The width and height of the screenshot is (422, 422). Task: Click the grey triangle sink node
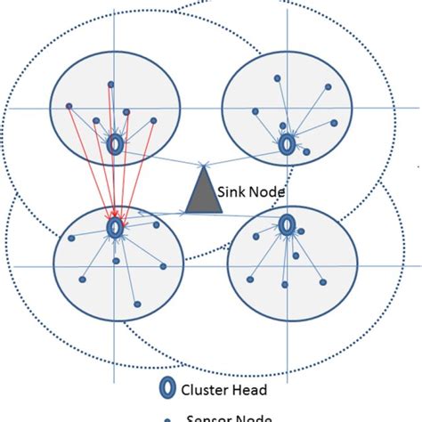coord(203,196)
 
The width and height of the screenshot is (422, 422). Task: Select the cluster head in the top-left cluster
coord(115,144)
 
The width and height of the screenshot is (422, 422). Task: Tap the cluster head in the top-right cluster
coord(287,143)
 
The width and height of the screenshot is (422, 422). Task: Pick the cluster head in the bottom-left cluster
coord(115,229)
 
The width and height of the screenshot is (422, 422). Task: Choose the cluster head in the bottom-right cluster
coord(287,224)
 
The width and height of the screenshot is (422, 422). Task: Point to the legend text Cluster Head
coord(223,390)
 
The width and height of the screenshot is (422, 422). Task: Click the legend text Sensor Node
coord(225,416)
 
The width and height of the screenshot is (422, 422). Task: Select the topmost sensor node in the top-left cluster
coord(111,85)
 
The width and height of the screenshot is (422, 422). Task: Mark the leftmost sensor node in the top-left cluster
coord(69,106)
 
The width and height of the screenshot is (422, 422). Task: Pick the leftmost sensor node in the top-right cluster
coord(256,111)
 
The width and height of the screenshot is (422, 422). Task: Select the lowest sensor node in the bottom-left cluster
coord(136,304)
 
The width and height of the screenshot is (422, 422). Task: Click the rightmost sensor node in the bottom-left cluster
coord(163,265)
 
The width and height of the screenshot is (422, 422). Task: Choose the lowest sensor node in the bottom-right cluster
coord(284,284)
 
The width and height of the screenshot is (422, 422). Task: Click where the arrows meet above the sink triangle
coord(206,164)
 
